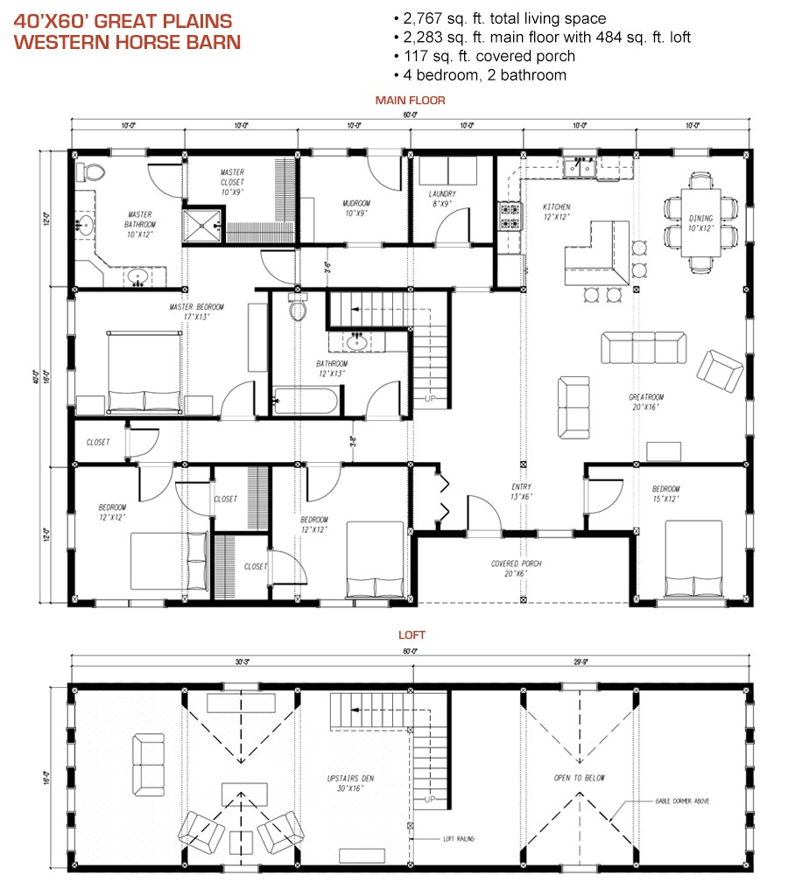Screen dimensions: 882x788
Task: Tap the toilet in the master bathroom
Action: click(90, 170)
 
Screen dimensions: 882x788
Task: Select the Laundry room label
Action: click(441, 199)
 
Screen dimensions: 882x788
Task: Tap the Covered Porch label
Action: click(516, 569)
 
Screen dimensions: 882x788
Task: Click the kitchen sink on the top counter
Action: click(580, 165)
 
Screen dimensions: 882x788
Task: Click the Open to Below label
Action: click(579, 778)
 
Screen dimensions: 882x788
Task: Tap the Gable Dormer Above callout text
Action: click(687, 801)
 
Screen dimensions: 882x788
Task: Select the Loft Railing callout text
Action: click(459, 839)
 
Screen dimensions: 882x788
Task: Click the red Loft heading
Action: click(411, 636)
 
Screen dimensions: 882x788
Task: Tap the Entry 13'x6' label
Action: click(522, 492)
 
